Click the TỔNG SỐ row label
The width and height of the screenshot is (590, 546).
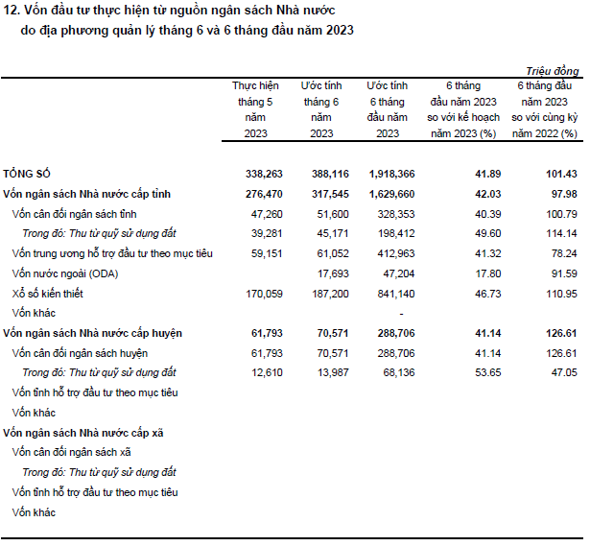(x=27, y=174)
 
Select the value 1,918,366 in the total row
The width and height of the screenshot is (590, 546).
(x=391, y=174)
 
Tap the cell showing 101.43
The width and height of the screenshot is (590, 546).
(x=561, y=174)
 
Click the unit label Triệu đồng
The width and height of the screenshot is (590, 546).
(x=553, y=71)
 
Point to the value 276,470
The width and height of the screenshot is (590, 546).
(x=264, y=194)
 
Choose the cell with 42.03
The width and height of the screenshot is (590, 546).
(x=488, y=194)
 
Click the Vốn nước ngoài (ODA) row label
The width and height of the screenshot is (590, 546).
(x=65, y=273)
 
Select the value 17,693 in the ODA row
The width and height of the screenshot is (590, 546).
(x=333, y=273)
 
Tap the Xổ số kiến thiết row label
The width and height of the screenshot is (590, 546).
(x=47, y=294)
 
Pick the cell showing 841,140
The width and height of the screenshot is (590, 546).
(x=396, y=294)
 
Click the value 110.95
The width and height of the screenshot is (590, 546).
(x=561, y=294)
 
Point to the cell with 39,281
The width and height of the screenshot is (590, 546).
(x=267, y=234)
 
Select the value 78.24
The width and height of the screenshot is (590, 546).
(x=564, y=253)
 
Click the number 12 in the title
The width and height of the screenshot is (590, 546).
(x=11, y=11)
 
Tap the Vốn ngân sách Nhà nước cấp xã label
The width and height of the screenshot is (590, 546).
(x=83, y=433)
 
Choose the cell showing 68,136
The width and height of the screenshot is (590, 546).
(x=399, y=373)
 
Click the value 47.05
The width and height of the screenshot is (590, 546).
(x=564, y=373)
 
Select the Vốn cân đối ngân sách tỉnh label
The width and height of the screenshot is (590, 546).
(x=74, y=214)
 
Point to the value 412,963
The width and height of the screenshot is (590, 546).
(x=396, y=253)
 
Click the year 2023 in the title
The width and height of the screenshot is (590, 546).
(x=340, y=31)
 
